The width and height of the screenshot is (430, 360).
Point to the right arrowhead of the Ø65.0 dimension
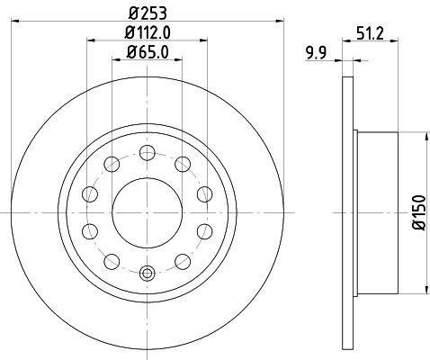pyautogui.click(x=177, y=60)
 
